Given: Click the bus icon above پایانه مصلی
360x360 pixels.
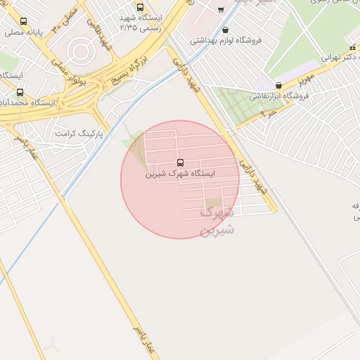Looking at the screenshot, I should click(x=25, y=22).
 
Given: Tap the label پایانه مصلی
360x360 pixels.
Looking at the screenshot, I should click(x=25, y=32).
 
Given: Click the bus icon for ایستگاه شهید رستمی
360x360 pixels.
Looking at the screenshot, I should click(x=140, y=7).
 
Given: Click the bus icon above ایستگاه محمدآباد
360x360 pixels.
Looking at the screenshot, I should click(x=20, y=92).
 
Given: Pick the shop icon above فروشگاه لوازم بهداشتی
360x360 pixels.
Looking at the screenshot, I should click(x=225, y=30).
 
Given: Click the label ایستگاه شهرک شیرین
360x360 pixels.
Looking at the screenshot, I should click(x=180, y=173).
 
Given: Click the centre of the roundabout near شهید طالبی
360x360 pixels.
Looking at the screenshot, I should click(x=80, y=50).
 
